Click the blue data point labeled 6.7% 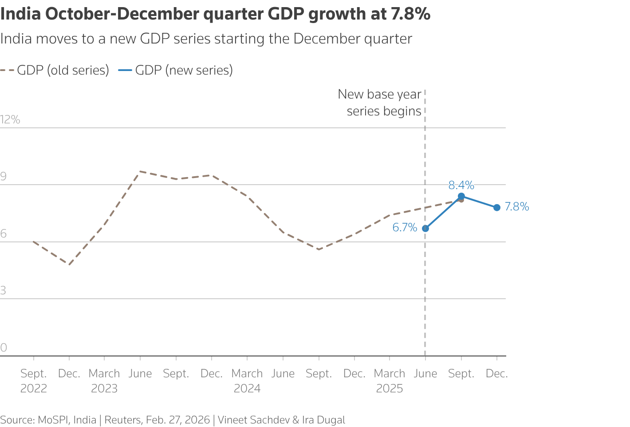[x=425, y=229]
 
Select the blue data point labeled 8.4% [x=461, y=196]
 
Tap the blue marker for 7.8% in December [x=497, y=207]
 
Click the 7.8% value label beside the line [x=517, y=207]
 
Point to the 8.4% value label [x=461, y=185]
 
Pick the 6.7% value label [x=405, y=228]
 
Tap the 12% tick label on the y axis [x=10, y=119]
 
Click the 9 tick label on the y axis [x=4, y=177]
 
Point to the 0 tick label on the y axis [x=4, y=348]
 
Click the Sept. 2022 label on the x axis [x=34, y=381]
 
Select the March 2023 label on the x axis [x=104, y=381]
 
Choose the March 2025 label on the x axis [x=390, y=381]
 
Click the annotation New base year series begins [x=380, y=103]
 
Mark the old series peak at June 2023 [x=140, y=171]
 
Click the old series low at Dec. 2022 [x=69, y=265]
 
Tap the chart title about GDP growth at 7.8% [x=215, y=14]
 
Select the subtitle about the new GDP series [x=206, y=39]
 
